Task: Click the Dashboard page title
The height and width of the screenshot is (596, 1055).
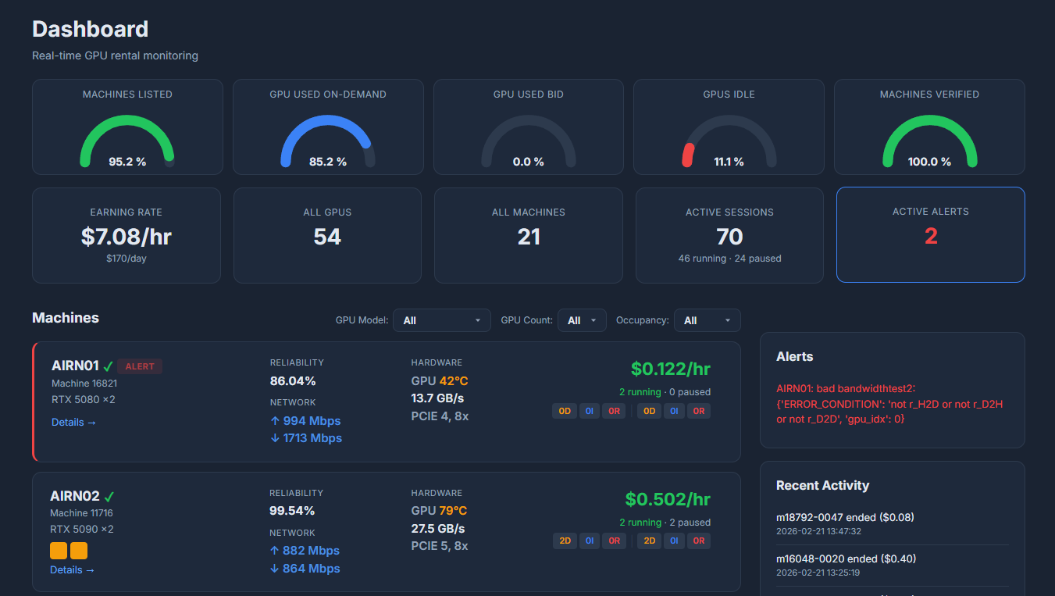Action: (x=90, y=30)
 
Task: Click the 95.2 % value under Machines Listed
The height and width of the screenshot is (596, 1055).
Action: (x=127, y=162)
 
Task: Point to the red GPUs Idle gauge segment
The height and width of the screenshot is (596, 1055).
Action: (x=688, y=155)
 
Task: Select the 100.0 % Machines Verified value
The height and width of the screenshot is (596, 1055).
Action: (x=929, y=162)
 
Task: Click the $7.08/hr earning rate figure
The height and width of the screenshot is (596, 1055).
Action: (x=126, y=236)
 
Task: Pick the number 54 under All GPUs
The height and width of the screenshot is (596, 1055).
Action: (x=327, y=237)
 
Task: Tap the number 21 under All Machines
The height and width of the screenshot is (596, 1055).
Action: (x=529, y=237)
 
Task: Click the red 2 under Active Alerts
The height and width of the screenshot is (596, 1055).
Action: (x=931, y=236)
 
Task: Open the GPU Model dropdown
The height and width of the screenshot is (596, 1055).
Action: (x=441, y=320)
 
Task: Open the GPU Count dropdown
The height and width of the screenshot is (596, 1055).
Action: (x=582, y=320)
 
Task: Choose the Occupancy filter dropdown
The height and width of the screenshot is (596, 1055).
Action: (x=707, y=320)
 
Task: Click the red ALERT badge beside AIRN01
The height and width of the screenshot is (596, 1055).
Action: (x=140, y=366)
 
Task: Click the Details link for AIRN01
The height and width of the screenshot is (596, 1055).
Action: (x=73, y=423)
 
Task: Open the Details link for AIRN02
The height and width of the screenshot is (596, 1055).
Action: (x=72, y=570)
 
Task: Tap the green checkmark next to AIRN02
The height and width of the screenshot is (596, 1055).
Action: (x=109, y=497)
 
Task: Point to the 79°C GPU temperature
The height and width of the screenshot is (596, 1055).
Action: (x=453, y=511)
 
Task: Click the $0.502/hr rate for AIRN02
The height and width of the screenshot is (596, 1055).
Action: (x=668, y=499)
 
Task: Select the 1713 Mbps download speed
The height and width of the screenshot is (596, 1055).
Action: (x=305, y=438)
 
